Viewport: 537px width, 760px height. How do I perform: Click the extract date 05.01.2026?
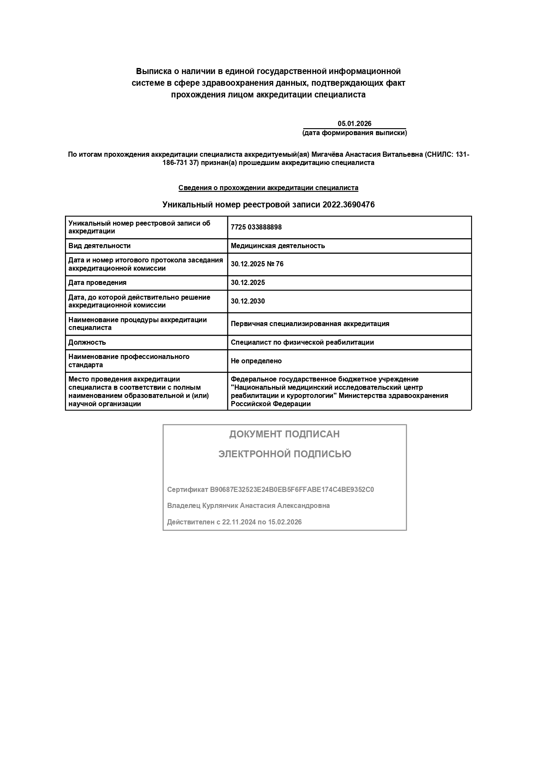click(x=354, y=124)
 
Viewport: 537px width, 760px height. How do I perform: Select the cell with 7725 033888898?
click(x=256, y=227)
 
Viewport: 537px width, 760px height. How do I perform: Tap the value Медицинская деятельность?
click(x=278, y=246)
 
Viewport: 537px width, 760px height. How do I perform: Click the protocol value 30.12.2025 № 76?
click(x=257, y=264)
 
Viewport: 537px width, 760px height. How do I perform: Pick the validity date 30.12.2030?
click(x=248, y=301)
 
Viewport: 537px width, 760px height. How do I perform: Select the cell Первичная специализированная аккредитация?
click(x=310, y=324)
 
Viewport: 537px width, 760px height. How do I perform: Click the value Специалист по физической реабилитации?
click(x=302, y=343)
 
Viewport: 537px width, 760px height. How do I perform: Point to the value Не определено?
click(x=256, y=361)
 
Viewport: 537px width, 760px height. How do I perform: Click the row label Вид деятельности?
click(x=99, y=246)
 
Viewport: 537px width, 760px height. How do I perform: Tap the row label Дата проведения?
click(x=97, y=283)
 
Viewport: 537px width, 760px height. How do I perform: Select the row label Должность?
click(x=87, y=343)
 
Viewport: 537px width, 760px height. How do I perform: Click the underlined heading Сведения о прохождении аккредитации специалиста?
click(x=268, y=188)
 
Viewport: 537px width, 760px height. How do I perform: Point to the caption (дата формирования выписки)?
click(x=354, y=133)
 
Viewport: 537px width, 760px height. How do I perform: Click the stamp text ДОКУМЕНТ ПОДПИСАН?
click(x=285, y=434)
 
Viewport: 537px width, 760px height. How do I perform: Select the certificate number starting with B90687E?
click(x=292, y=490)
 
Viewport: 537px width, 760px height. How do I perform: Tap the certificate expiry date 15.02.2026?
click(x=285, y=522)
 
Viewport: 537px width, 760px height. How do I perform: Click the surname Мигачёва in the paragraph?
click(x=326, y=155)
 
